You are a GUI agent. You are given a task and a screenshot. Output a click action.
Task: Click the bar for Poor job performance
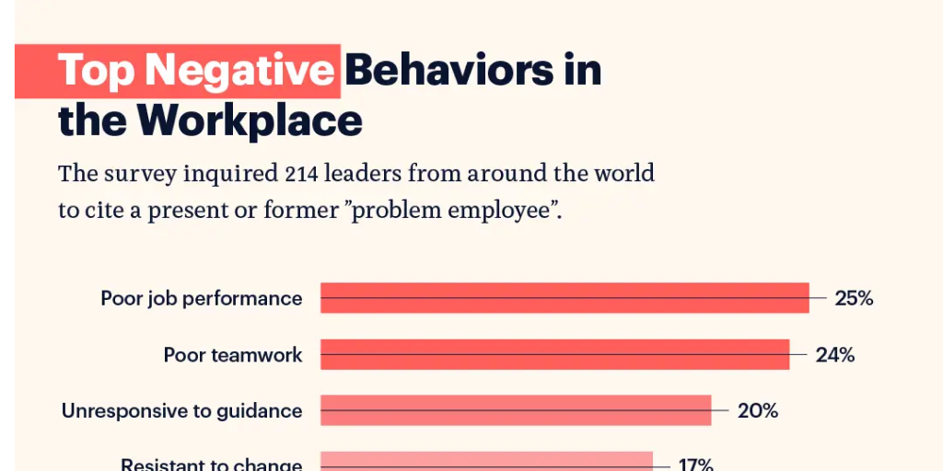click(565, 298)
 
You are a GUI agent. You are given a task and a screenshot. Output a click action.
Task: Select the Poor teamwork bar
click(554, 354)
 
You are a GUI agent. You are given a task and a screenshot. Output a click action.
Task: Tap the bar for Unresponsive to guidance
click(516, 410)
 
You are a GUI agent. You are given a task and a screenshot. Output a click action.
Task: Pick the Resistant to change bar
click(486, 461)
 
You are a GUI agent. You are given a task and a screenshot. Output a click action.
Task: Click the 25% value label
click(854, 298)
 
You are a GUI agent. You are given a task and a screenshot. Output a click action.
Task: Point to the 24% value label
click(834, 354)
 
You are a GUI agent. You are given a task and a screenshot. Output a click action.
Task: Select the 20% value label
click(758, 410)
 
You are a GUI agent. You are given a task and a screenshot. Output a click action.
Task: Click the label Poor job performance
click(201, 298)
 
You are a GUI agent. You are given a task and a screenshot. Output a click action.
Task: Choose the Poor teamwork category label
click(232, 354)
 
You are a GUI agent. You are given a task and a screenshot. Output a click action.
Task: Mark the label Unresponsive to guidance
click(181, 410)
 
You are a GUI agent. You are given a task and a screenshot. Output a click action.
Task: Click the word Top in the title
click(97, 71)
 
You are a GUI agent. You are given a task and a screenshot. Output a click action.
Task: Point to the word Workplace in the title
click(250, 121)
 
